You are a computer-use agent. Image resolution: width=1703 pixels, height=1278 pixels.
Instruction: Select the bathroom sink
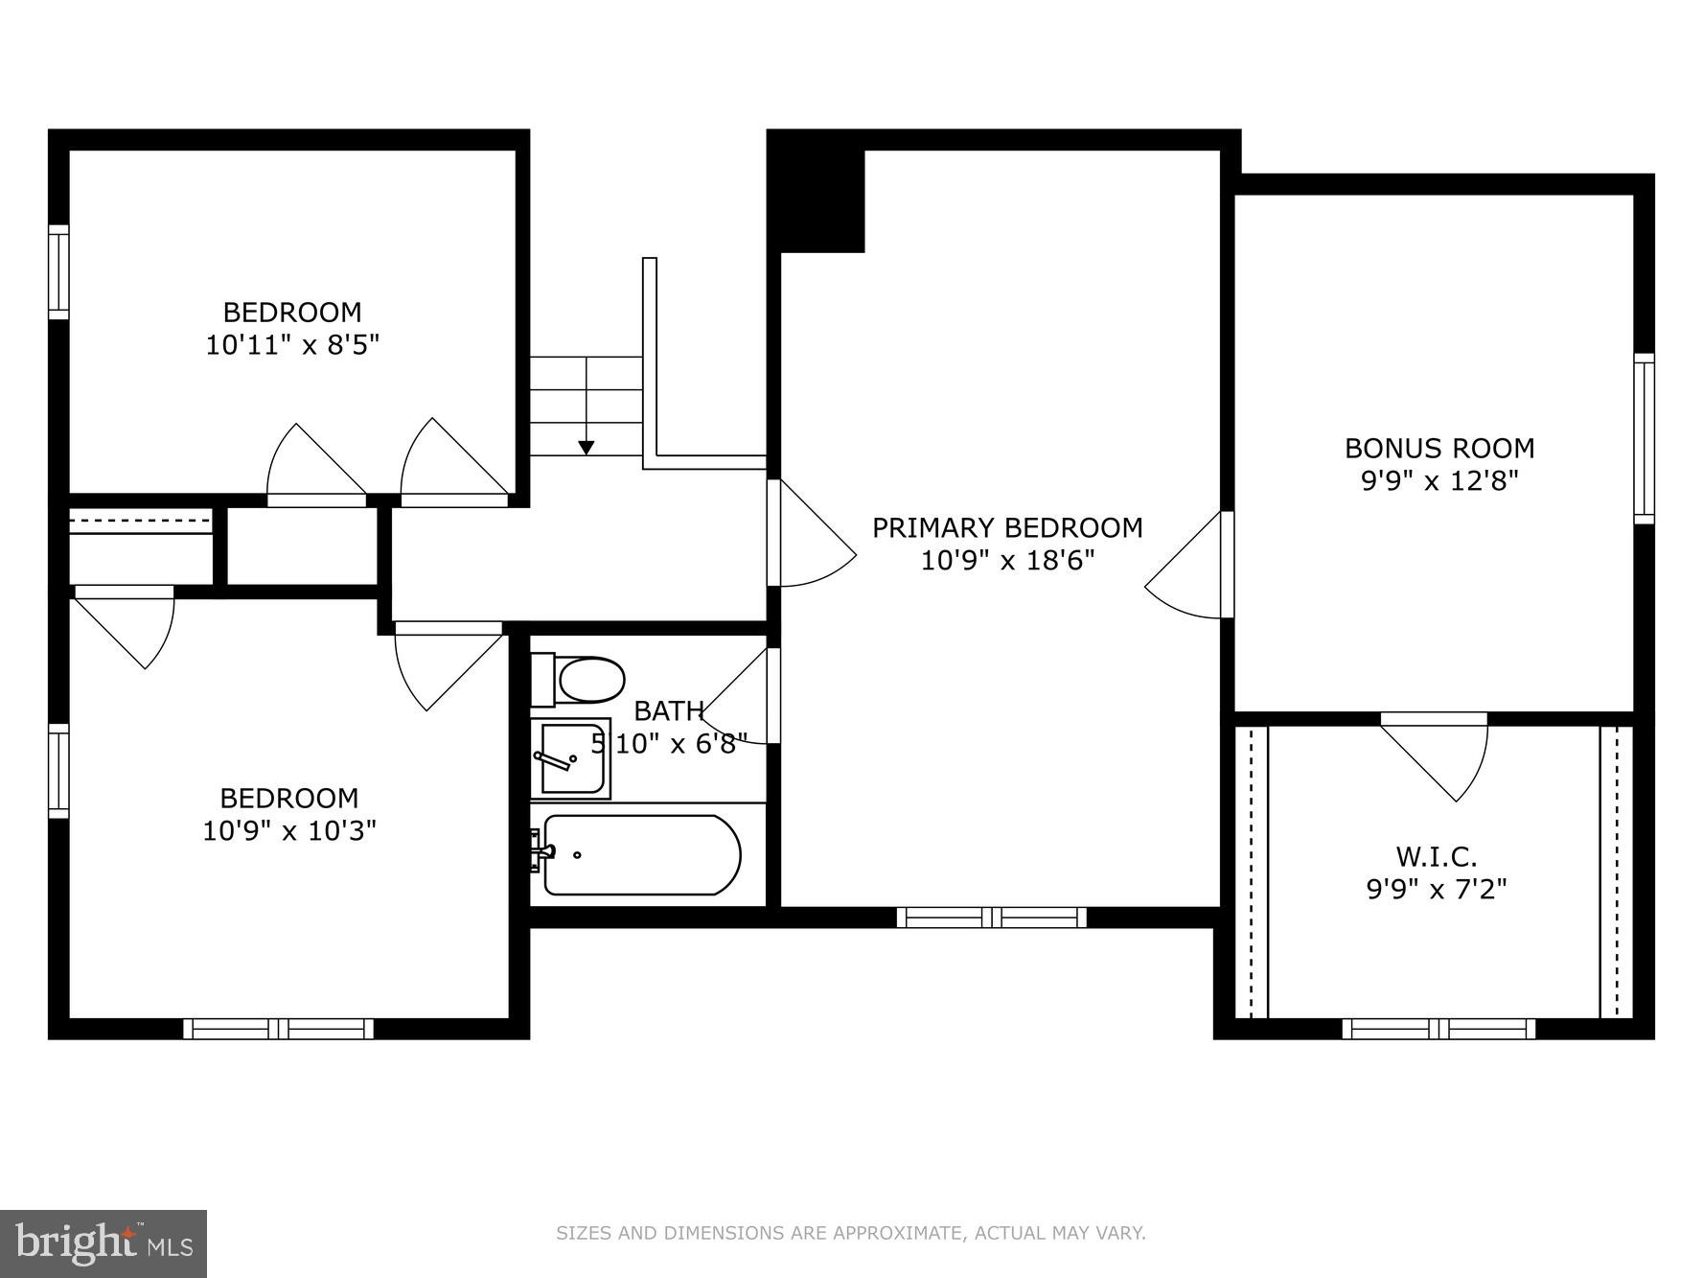click(x=571, y=758)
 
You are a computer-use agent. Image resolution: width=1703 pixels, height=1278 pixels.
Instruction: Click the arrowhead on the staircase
click(x=586, y=447)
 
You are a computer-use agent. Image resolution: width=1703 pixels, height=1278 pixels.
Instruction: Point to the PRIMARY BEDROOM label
click(x=1007, y=528)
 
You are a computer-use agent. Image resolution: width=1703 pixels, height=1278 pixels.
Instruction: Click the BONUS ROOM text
click(x=1439, y=449)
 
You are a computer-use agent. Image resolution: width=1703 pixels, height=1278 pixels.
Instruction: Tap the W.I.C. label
click(x=1436, y=856)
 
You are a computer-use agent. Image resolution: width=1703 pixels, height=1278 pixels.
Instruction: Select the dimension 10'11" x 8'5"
click(x=292, y=345)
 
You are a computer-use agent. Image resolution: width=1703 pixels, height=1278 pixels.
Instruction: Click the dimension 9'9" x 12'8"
click(x=1439, y=480)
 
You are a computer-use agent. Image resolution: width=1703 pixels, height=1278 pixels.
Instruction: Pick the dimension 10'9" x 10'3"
click(x=288, y=830)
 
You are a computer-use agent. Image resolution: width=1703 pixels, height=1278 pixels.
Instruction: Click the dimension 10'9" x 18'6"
click(x=1007, y=560)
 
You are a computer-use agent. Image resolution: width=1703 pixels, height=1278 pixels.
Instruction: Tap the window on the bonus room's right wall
click(x=1644, y=438)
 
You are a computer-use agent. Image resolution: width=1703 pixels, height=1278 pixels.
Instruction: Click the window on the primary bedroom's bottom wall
click(x=992, y=918)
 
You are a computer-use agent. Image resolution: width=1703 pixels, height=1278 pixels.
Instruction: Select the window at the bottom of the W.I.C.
click(x=1438, y=1029)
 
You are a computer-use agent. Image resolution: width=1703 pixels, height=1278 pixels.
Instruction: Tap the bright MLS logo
click(x=104, y=1243)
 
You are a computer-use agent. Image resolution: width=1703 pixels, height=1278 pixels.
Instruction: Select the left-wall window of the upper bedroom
click(x=58, y=272)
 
